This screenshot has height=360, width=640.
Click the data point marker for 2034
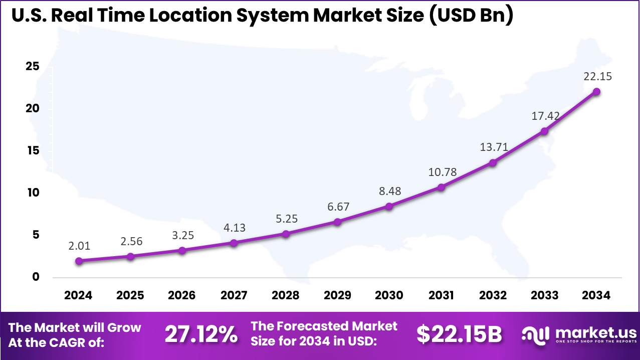596,92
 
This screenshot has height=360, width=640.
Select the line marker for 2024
79,261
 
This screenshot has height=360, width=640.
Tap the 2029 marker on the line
337,222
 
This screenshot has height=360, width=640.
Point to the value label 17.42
545,116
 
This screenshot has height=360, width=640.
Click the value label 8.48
389,191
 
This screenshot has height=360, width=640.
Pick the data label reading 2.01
79,246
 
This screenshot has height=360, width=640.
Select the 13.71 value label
493,147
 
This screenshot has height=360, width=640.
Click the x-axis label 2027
234,295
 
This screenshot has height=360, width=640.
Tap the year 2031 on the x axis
441,295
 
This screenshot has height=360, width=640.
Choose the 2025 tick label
130,295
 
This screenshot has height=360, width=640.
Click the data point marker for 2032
493,162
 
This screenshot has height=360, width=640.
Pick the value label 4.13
234,228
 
